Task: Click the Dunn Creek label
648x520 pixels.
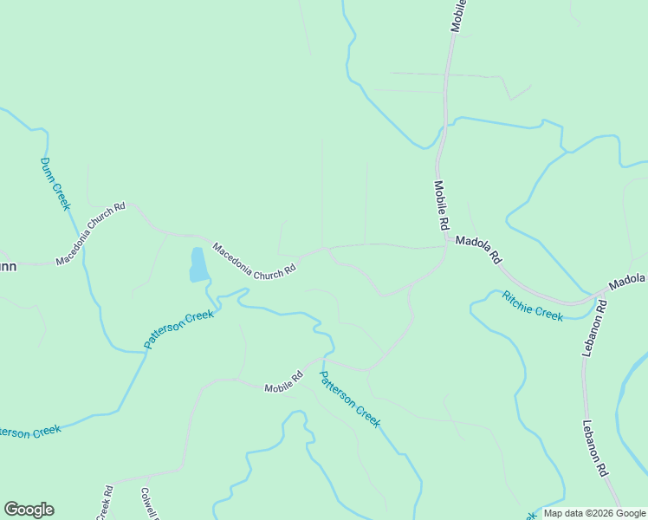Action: (54, 184)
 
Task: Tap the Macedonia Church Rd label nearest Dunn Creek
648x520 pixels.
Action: (91, 234)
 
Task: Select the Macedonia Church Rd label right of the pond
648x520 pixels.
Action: (255, 260)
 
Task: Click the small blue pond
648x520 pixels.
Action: (198, 265)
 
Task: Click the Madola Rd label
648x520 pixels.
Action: (479, 250)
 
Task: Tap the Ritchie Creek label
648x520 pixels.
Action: (533, 305)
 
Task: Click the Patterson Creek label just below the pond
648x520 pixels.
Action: (178, 329)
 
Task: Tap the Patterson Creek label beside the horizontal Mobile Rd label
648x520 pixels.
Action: (350, 399)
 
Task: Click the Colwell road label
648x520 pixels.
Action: (147, 504)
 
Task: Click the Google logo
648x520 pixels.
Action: (29, 510)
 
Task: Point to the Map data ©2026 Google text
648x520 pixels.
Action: (594, 513)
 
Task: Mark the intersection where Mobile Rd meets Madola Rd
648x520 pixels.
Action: (445, 247)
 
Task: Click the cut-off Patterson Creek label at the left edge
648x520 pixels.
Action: (29, 431)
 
